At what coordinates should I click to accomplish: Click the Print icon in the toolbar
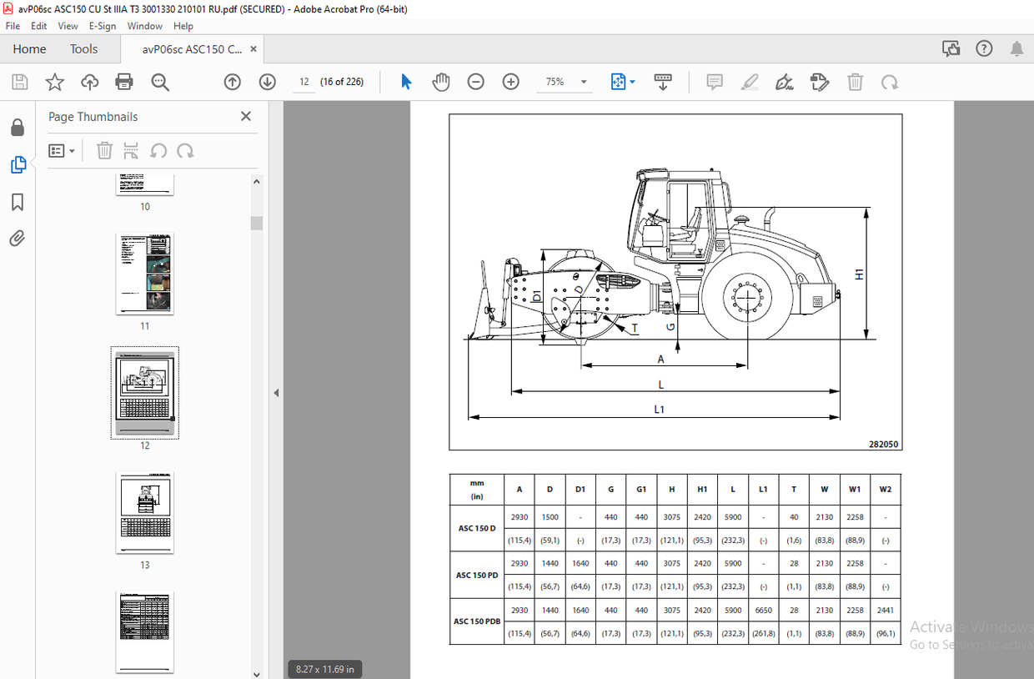(x=124, y=82)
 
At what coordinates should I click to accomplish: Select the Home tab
(x=29, y=49)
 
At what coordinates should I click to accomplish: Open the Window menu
(x=144, y=26)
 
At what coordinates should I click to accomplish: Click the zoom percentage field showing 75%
(x=555, y=82)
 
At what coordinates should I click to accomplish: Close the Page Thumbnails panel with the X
(x=246, y=117)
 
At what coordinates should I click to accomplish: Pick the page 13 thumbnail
(x=145, y=513)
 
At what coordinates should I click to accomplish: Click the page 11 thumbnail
(x=145, y=274)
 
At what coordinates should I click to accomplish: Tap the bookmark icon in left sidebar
(x=18, y=203)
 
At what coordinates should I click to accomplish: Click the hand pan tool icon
(x=440, y=82)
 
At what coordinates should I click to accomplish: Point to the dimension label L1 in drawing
(x=659, y=410)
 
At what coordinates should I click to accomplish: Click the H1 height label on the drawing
(x=860, y=274)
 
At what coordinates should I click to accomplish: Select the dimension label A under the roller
(x=660, y=360)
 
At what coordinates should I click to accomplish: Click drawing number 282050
(x=883, y=445)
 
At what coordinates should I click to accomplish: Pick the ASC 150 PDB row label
(x=477, y=621)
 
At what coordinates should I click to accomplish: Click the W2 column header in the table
(x=885, y=490)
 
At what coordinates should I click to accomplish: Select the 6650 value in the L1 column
(x=763, y=611)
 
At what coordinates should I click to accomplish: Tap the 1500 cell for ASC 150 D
(x=550, y=517)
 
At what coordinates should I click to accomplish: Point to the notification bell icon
(x=1016, y=49)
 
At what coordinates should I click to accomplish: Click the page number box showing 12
(x=304, y=82)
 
